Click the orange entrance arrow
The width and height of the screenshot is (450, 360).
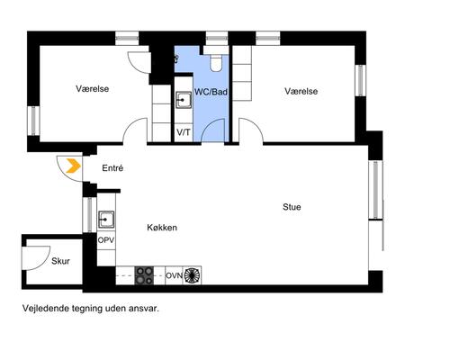(74, 166)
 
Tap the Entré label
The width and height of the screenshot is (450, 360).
(112, 168)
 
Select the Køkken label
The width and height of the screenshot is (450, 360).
(162, 228)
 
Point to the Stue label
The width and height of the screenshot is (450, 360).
(292, 207)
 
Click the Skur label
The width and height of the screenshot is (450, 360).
(60, 261)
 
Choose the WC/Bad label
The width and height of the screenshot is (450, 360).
(211, 92)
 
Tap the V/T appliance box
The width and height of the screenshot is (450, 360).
(184, 132)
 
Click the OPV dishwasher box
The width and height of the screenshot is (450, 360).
(106, 240)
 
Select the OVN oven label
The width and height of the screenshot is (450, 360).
(175, 275)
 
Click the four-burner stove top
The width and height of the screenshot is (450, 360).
(144, 275)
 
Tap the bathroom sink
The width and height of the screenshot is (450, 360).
(184, 100)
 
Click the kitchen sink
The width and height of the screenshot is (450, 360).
(106, 220)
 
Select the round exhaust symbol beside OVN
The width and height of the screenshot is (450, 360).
(193, 275)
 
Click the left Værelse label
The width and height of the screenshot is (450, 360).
(92, 89)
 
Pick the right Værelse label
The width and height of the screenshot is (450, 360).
(301, 91)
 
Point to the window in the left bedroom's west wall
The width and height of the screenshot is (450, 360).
(33, 121)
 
